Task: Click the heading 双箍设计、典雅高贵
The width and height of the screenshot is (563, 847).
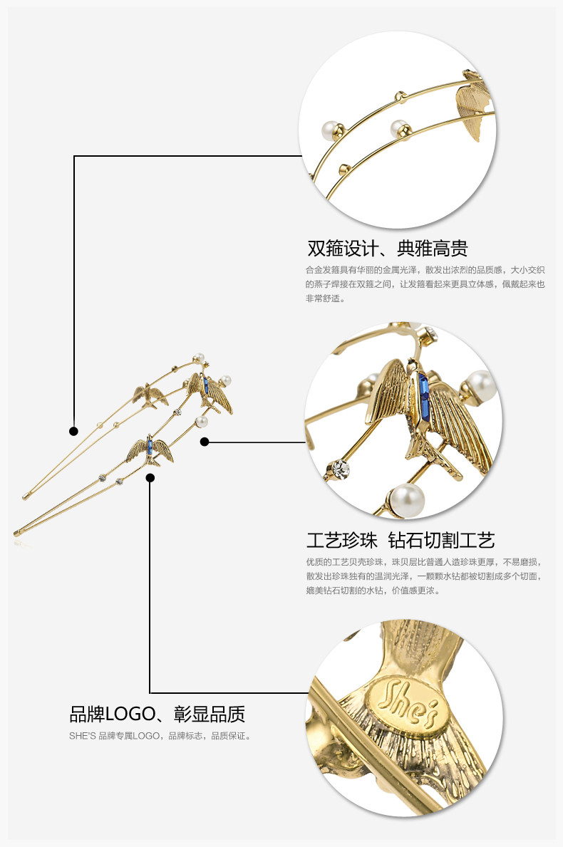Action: pyautogui.click(x=387, y=249)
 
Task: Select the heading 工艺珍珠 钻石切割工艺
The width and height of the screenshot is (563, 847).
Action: pyautogui.click(x=400, y=540)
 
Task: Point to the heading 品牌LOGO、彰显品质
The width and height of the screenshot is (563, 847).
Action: pyautogui.click(x=157, y=714)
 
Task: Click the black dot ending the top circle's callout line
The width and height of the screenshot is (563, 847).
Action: pyautogui.click(x=73, y=431)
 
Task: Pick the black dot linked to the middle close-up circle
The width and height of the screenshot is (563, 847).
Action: pyautogui.click(x=205, y=442)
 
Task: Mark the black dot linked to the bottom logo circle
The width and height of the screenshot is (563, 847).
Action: pyautogui.click(x=150, y=478)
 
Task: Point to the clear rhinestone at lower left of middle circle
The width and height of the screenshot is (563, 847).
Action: pyautogui.click(x=338, y=468)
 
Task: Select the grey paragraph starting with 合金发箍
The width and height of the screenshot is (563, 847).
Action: pyautogui.click(x=425, y=284)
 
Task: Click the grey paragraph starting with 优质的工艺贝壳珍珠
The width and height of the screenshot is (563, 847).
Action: pyautogui.click(x=425, y=576)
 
